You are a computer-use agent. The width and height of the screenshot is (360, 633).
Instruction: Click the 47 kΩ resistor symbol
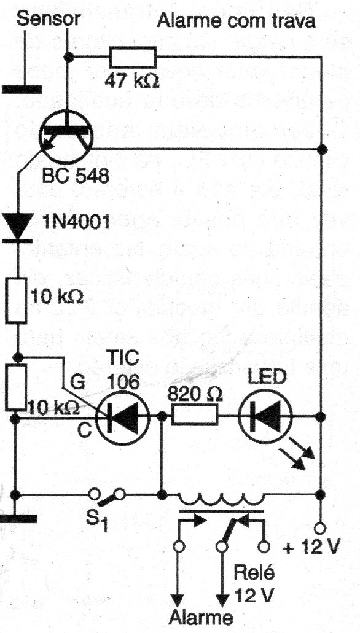133,57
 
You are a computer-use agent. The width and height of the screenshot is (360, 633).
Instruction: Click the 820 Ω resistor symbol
195,416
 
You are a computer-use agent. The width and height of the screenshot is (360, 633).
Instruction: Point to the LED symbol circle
265,416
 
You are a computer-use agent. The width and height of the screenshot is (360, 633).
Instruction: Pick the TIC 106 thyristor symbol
123,416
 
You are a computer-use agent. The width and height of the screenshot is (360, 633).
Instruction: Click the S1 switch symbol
107,495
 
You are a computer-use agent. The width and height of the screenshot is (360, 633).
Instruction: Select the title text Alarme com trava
236,20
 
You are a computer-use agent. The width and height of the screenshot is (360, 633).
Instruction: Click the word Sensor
49,18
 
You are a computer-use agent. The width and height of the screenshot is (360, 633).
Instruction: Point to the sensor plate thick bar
22,90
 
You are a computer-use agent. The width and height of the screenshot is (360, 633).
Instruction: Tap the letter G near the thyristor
77,382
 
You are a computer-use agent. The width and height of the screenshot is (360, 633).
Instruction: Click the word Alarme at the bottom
201,617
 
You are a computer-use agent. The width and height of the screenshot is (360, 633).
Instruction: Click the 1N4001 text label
76,222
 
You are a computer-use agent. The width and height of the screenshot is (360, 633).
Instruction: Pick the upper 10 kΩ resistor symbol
17,300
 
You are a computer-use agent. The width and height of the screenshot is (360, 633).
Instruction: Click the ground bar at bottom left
18,519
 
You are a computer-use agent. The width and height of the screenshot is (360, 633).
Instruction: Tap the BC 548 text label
76,176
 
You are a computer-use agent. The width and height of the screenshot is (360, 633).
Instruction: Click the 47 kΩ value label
131,81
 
